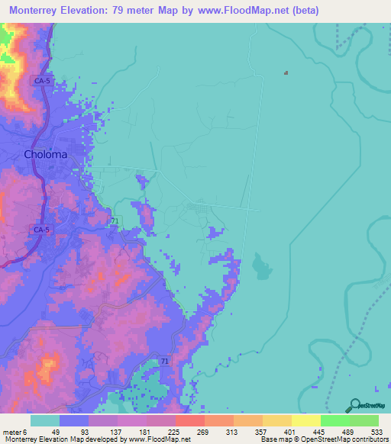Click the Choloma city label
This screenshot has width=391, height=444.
(x=46, y=154)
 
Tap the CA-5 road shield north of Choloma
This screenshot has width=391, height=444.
(x=41, y=79)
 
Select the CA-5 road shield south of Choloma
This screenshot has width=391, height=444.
(x=41, y=229)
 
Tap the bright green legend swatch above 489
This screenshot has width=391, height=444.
(x=334, y=420)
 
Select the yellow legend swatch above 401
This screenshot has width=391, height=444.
(x=276, y=420)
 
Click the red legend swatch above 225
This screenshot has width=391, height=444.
(x=189, y=420)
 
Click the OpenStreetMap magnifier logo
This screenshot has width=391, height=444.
(x=354, y=406)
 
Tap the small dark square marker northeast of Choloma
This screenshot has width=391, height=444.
(x=286, y=73)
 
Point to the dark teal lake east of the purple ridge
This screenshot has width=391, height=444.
(x=260, y=268)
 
